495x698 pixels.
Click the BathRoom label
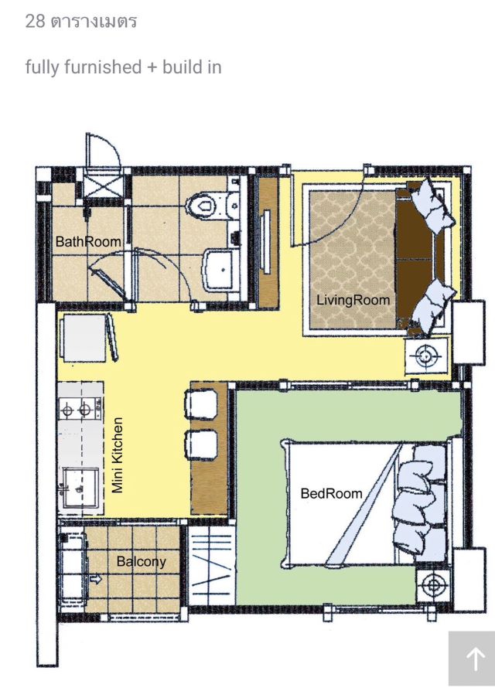pos(88,242)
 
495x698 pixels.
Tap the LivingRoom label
pos(353,300)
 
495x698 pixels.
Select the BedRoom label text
pos(331,493)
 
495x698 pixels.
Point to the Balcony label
pos(142,561)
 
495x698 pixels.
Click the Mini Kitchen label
pos(118,455)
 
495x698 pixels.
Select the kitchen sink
pos(80,489)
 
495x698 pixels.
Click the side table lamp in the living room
pos(427,356)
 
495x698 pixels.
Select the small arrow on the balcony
pos(96,579)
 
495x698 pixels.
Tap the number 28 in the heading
pos(36,21)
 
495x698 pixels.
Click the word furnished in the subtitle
pos(103,66)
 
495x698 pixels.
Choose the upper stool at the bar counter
pos(201,404)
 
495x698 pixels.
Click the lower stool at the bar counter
pos(201,444)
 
